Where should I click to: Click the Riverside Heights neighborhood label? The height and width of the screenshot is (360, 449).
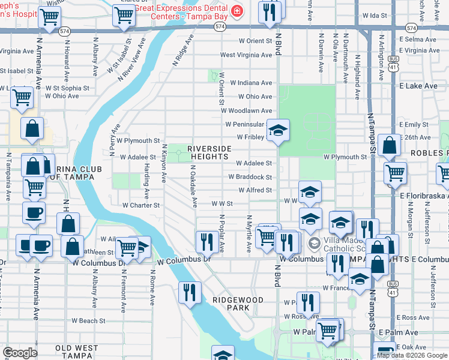pos(209,152)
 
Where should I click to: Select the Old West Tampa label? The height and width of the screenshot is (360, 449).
pos(76,348)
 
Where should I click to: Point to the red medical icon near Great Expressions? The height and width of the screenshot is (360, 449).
pos(238,11)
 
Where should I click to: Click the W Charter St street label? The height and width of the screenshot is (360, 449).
pos(141,205)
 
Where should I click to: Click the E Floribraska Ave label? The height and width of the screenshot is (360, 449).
pos(424,195)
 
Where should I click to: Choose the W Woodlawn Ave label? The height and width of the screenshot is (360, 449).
pos(246,110)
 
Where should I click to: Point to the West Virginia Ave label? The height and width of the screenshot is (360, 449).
pos(246,55)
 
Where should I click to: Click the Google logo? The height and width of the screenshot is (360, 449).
pos(20,353)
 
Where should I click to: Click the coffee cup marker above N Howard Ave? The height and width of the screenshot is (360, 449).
pos(34,212)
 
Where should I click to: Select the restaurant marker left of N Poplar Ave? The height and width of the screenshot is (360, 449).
pos(206,242)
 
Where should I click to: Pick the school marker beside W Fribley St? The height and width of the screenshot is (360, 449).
pos(278,130)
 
